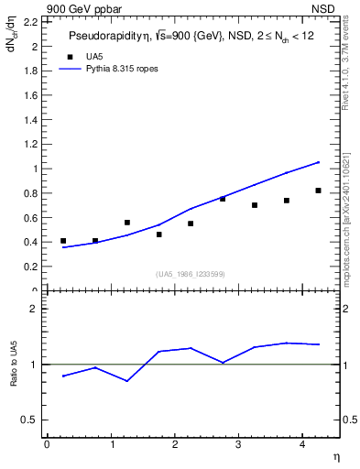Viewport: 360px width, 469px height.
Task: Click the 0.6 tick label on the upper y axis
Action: (x=29, y=217)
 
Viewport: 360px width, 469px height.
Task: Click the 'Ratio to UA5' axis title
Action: (x=14, y=377)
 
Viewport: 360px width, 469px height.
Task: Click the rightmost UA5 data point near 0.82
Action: (x=318, y=191)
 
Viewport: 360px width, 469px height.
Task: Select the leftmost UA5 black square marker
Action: (x=63, y=241)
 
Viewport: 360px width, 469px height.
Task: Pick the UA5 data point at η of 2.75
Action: (x=223, y=199)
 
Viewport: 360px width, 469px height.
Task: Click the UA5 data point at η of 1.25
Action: (x=127, y=223)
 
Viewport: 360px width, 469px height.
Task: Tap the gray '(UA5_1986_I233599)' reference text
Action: (x=191, y=275)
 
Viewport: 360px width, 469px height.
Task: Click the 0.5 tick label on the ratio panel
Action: (x=30, y=420)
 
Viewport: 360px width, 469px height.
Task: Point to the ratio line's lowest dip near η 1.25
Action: (x=127, y=381)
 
